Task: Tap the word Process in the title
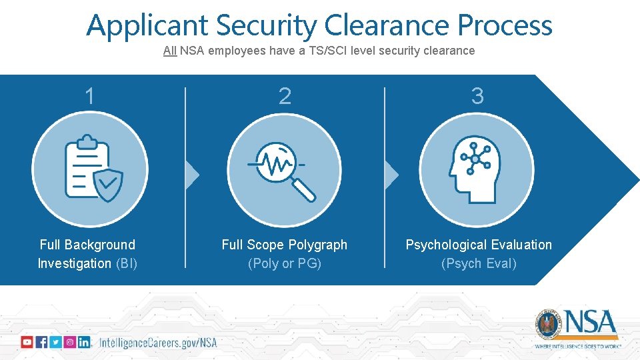click(x=505, y=26)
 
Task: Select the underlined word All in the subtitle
click(x=170, y=51)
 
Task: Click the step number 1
click(x=89, y=97)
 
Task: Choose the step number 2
click(x=285, y=97)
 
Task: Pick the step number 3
click(x=477, y=97)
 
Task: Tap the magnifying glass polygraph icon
click(x=285, y=168)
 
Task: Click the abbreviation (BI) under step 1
click(x=127, y=263)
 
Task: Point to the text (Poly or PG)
click(x=285, y=263)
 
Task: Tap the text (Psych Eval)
click(x=479, y=263)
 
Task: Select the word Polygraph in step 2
click(x=313, y=245)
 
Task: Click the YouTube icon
click(x=27, y=342)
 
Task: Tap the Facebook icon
click(x=41, y=342)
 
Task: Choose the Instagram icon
click(x=69, y=342)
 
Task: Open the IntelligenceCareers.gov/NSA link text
click(x=158, y=343)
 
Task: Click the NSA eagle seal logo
click(x=549, y=324)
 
